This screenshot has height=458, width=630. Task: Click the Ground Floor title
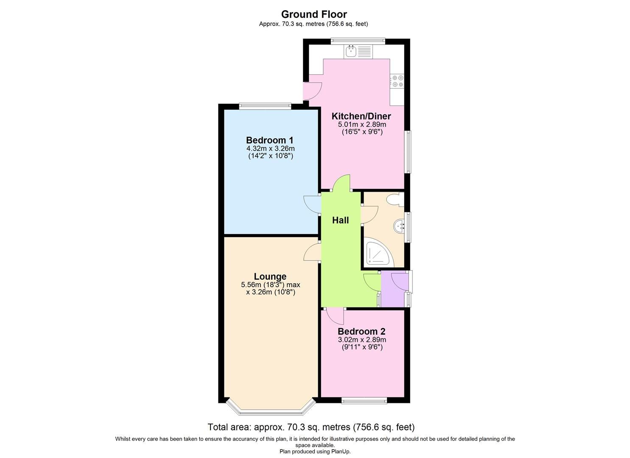click(314, 14)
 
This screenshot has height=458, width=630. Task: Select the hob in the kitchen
click(398, 81)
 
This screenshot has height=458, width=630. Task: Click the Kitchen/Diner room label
click(361, 116)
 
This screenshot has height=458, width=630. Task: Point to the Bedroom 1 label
click(270, 140)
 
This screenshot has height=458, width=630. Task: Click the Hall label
click(340, 220)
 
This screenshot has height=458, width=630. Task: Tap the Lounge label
click(270, 277)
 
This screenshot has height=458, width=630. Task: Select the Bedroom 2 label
click(361, 332)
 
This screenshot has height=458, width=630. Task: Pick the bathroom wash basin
click(400, 226)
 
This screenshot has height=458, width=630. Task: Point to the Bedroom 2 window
click(364, 400)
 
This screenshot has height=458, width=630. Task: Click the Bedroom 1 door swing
click(312, 204)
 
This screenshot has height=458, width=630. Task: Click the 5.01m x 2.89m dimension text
click(362, 125)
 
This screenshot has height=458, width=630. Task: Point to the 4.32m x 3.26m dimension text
click(270, 149)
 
